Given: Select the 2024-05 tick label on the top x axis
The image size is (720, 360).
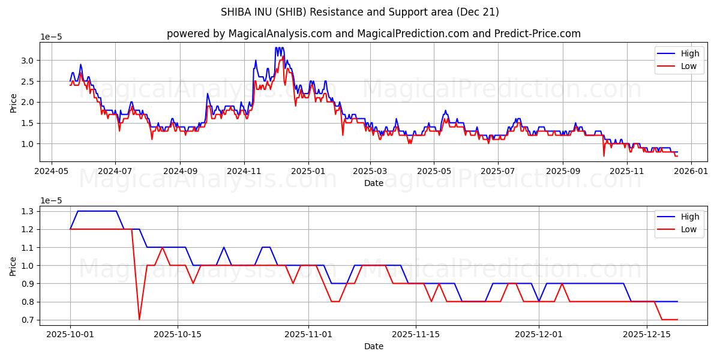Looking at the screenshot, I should pos(51,171).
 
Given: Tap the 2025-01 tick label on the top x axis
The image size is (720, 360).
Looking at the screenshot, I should pos(308,171).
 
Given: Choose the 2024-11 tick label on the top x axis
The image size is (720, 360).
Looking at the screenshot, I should pos(244,171).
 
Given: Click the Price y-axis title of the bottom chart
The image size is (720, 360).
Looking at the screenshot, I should pos(14,266).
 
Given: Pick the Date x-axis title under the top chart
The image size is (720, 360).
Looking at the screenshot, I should pos(373,183).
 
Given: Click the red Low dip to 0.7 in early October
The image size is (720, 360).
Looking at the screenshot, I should pos(139,319).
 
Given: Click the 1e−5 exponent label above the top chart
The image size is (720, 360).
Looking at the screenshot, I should pos(51,37).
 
